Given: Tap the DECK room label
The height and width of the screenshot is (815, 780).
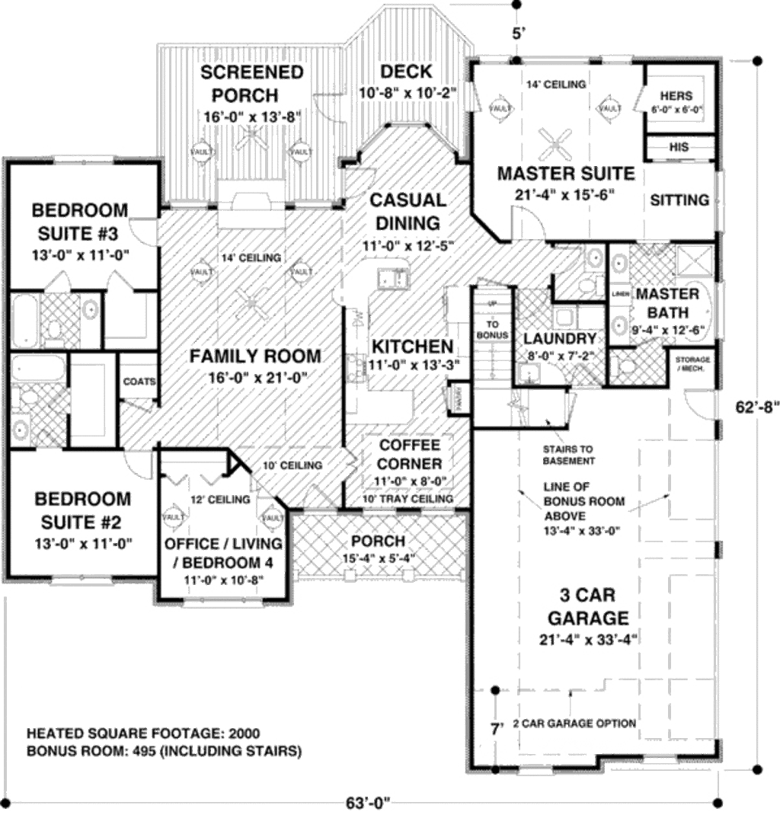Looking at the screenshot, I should [406, 72].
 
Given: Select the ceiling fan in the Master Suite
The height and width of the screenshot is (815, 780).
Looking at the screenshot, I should [555, 141].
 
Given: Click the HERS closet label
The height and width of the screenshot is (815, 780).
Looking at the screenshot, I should [676, 96].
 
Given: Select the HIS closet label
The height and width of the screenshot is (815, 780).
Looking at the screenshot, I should [679, 146].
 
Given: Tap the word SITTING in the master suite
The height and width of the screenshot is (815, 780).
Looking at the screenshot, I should [679, 200].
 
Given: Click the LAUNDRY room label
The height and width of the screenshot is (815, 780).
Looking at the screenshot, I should [559, 339].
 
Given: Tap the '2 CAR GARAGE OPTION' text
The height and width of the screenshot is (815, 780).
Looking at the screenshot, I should [574, 723].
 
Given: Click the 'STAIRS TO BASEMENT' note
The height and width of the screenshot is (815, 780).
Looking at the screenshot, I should [568, 455].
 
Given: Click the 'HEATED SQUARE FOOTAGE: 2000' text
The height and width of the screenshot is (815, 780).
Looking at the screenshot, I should [143, 734].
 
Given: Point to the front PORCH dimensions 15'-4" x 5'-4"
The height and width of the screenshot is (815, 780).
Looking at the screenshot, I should [378, 558].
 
